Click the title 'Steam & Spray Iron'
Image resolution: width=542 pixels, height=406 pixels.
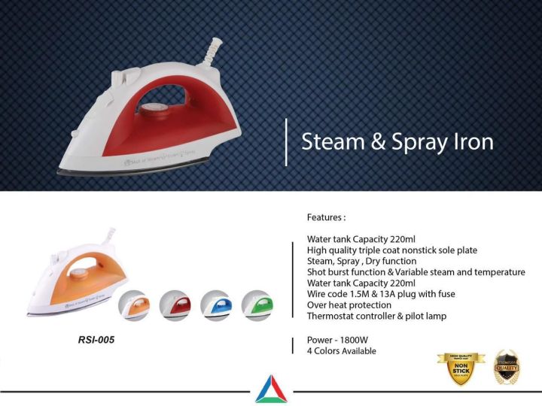point(397,142)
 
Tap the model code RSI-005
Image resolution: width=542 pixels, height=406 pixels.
point(96,340)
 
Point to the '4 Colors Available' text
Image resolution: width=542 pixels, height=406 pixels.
point(341,350)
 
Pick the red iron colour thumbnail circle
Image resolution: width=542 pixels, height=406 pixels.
point(175,304)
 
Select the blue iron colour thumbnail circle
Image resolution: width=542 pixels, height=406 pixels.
point(216,304)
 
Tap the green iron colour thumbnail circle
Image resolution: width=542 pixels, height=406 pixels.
point(257,304)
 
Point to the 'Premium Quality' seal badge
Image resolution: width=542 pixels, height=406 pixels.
point(506,368)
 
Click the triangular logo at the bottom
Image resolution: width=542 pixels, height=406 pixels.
point(270,389)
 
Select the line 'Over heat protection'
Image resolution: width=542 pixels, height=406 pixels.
point(349,305)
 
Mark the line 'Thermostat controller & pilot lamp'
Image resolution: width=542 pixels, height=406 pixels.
point(376,317)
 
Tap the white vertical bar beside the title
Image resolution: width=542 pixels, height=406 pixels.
point(285,141)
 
